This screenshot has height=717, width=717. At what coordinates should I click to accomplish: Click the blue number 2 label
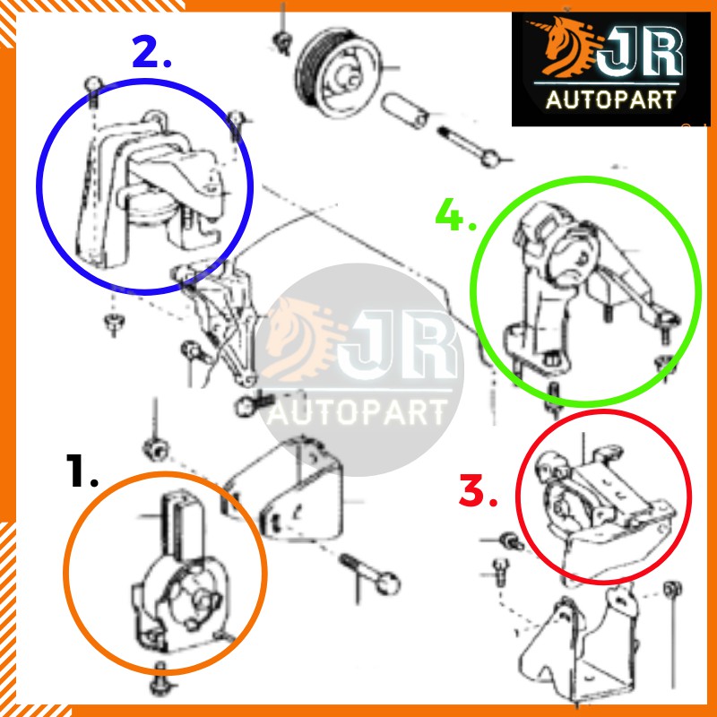151,52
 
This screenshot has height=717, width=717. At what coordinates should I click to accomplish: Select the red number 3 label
478,490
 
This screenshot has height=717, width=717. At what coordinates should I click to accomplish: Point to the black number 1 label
82,471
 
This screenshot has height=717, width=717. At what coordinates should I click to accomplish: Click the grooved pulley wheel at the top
339,73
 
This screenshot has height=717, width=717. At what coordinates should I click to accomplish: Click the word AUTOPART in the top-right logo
610,99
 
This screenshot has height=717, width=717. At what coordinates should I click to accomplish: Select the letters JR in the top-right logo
640,53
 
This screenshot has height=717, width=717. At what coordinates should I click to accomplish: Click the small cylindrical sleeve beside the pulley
404,110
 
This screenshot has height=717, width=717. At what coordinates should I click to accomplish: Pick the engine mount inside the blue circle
149,187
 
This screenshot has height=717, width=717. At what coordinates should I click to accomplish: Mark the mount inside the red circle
603,507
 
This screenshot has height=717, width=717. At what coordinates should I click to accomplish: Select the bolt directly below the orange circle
160,677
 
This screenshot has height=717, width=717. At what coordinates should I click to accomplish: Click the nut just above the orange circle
155,449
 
